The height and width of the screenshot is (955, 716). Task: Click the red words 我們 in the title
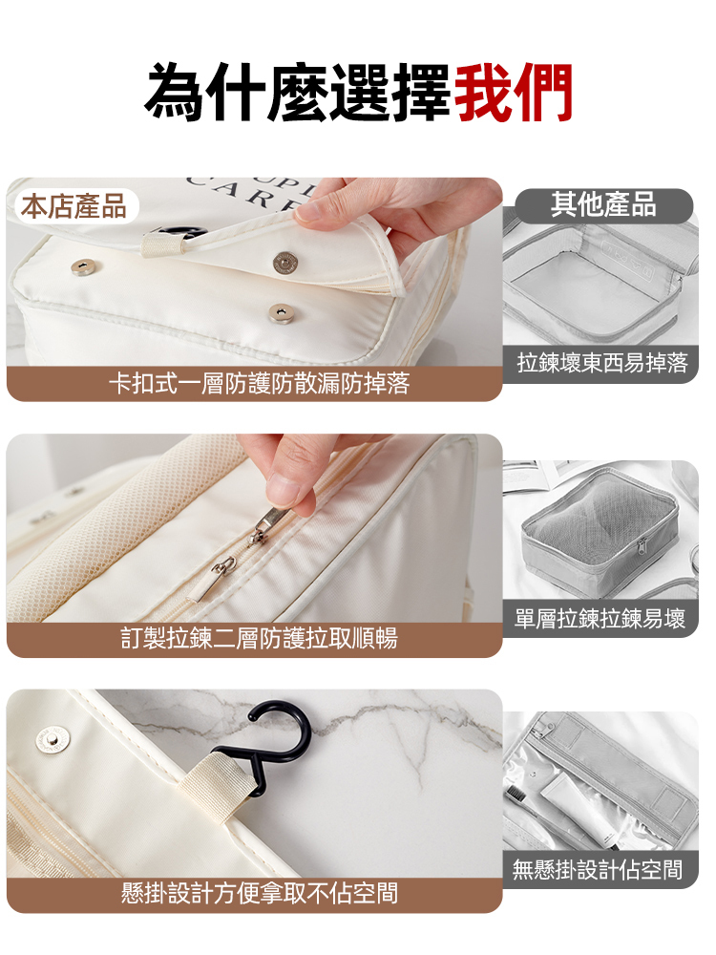513,92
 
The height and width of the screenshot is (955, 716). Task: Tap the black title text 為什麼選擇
298,92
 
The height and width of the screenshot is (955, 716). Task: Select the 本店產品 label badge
74,206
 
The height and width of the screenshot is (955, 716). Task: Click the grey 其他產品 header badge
603,204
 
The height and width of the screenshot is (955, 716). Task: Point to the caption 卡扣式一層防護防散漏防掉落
259,383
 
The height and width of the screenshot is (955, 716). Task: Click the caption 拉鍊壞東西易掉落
601,363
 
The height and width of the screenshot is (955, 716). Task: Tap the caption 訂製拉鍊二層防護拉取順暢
259,638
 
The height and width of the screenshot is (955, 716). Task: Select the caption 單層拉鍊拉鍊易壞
600,619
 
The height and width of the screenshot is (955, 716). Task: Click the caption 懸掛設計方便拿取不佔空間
259,894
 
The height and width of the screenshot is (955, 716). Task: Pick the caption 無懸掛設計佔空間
598,869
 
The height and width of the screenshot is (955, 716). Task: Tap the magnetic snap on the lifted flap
284,262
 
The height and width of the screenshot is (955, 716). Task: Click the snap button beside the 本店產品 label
83,266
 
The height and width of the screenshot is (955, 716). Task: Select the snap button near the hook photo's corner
53,739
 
